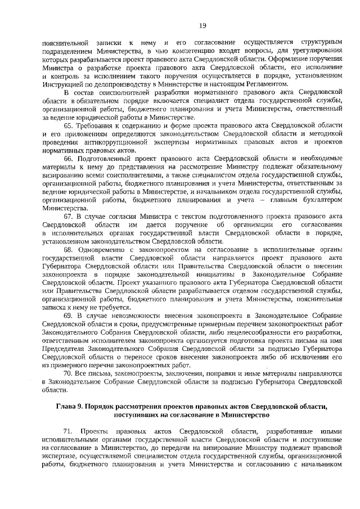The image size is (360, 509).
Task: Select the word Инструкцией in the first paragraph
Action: coord(63,84)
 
